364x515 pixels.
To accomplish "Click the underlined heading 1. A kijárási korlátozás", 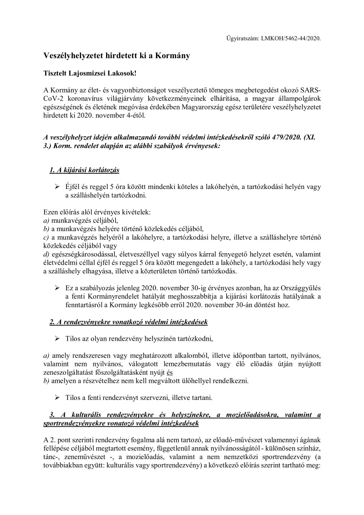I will (x=84, y=171).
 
